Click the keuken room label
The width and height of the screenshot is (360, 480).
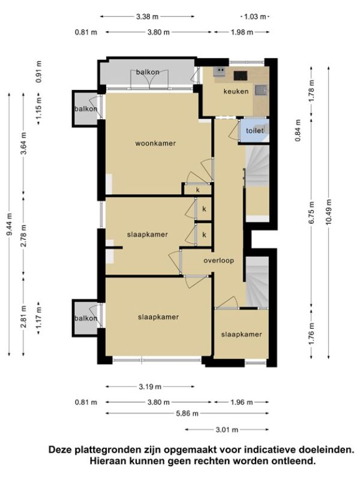(236, 91)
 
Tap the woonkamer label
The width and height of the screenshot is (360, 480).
(155, 143)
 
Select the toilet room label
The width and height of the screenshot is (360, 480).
(254, 131)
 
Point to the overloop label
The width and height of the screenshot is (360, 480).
(219, 260)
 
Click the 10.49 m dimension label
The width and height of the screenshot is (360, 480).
(328, 212)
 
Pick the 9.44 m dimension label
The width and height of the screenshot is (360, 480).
(10, 224)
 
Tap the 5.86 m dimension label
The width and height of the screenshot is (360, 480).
(187, 413)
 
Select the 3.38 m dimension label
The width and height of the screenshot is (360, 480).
(147, 17)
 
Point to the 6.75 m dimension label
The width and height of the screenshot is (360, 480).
(311, 212)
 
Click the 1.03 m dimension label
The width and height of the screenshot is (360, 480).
(255, 17)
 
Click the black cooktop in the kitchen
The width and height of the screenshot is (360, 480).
(241, 76)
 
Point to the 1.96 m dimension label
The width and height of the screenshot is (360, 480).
(242, 402)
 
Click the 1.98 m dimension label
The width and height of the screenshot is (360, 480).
(242, 32)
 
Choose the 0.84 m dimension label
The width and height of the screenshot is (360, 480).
(298, 130)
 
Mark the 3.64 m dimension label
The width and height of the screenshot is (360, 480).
(24, 143)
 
